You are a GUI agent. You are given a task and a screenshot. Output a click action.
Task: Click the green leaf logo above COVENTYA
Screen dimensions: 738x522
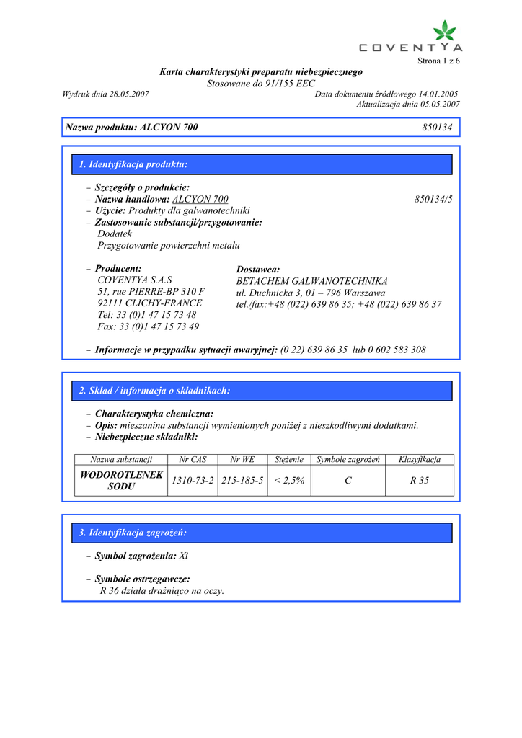point(444,31)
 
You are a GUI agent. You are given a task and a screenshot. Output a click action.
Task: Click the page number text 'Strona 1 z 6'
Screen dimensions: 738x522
point(438,61)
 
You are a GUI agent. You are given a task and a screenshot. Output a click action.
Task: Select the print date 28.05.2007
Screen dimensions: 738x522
point(129,94)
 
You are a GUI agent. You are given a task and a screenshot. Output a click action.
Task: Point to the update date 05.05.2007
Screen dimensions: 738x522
point(436,105)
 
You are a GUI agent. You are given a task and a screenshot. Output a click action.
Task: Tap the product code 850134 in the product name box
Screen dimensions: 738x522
point(437,128)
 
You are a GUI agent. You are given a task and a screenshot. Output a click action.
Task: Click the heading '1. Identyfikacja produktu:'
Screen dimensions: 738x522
point(133,164)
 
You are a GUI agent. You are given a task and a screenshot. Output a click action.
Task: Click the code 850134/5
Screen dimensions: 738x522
point(438,199)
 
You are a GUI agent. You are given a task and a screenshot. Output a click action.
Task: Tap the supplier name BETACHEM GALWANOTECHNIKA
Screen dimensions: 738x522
point(311,281)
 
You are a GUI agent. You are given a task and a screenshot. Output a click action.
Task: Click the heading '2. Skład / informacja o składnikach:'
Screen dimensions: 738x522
point(154,391)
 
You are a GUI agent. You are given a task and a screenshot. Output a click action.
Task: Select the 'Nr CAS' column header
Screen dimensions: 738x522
point(193,459)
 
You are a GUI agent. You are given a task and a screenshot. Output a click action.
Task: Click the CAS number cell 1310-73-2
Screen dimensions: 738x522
point(193,480)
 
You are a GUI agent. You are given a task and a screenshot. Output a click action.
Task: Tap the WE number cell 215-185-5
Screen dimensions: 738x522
point(242,480)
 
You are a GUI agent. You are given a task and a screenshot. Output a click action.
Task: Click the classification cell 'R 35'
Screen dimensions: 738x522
point(419,480)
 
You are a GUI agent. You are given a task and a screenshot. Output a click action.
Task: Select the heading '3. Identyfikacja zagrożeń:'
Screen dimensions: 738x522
point(133,533)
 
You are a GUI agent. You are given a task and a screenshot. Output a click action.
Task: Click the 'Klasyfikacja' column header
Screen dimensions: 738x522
point(419,459)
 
